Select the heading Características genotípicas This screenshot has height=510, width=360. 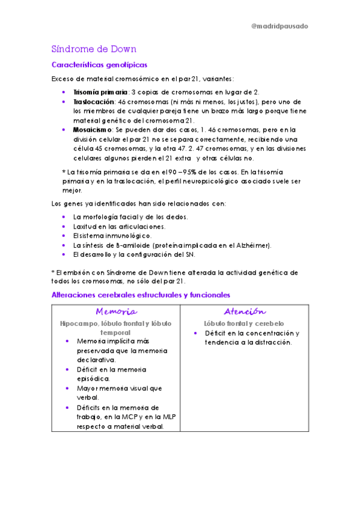pos(99,64)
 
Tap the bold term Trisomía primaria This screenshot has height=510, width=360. pos(100,92)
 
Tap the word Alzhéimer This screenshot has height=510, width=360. pos(255,245)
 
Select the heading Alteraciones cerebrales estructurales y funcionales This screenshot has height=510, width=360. pos(141,295)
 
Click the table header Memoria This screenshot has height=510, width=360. pos(116,312)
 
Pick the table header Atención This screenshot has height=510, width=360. pos(245,312)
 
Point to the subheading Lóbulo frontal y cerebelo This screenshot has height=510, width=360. pos(244,324)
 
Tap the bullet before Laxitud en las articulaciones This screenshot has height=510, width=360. pos(64,226)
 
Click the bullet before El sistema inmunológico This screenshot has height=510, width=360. pos(64,236)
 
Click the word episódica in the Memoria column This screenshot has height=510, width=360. pos(93,379)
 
